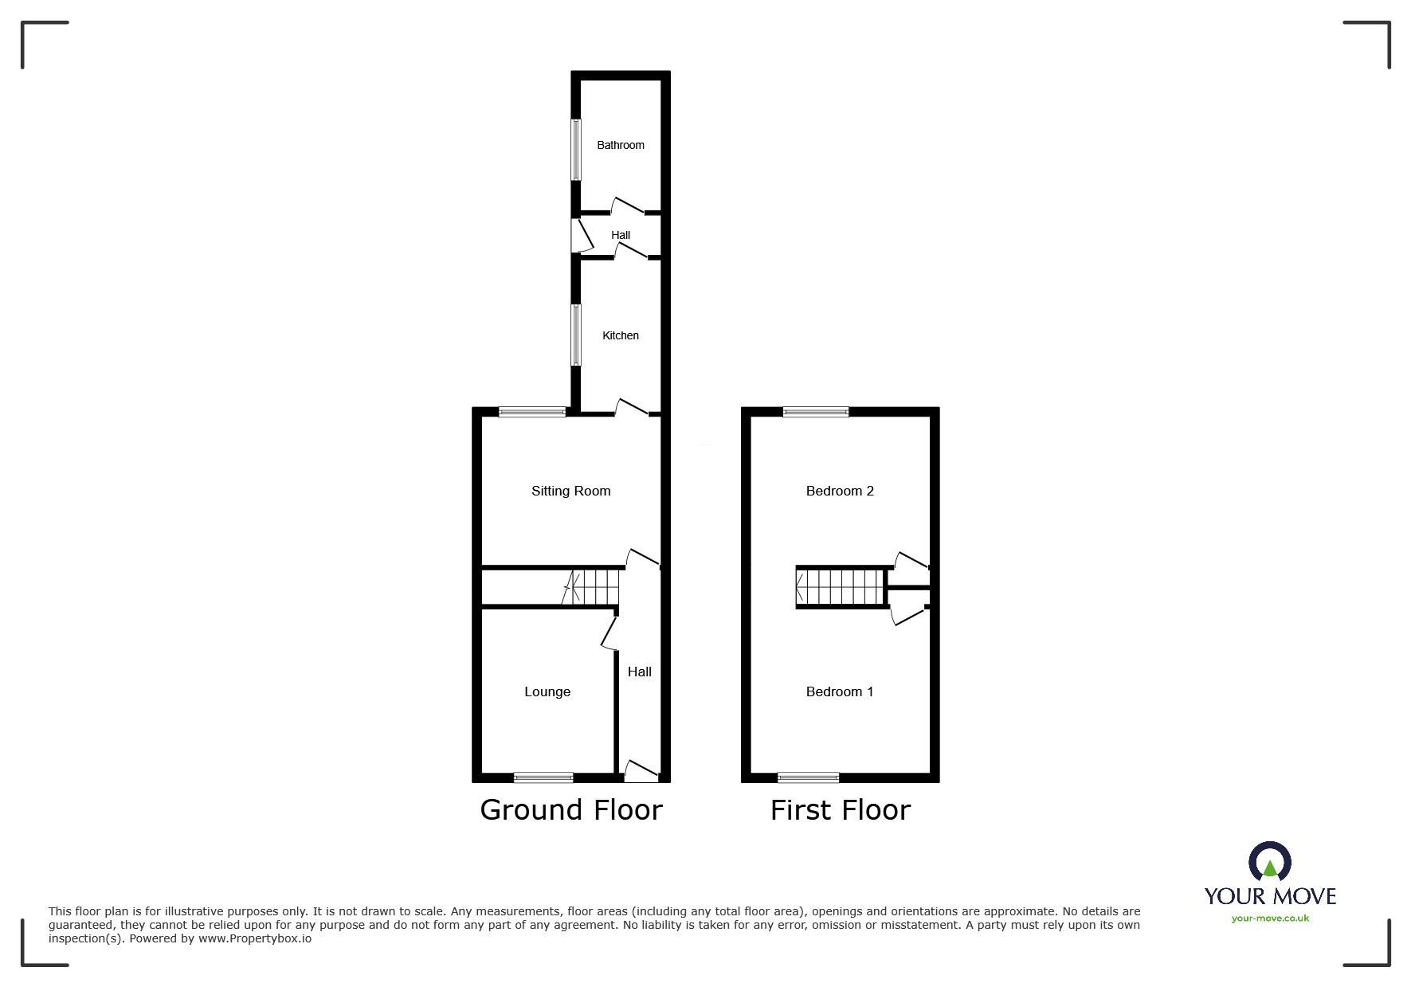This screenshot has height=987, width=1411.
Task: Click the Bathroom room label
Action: (x=620, y=145)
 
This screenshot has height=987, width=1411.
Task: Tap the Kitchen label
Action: (x=620, y=335)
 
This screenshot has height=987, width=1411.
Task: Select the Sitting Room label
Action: (x=570, y=491)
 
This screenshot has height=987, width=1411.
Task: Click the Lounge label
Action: (x=547, y=691)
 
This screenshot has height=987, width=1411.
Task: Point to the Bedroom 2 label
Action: (x=840, y=491)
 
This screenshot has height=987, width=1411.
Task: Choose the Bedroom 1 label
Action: (x=840, y=691)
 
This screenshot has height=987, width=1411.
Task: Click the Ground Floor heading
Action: (x=570, y=810)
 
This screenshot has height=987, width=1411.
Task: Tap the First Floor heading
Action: (x=840, y=810)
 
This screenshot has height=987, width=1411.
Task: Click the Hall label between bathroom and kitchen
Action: (x=620, y=235)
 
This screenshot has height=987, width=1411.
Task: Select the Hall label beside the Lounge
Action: (x=639, y=672)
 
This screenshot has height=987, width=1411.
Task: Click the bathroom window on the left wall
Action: (x=576, y=150)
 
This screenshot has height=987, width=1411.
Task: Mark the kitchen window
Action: (x=576, y=335)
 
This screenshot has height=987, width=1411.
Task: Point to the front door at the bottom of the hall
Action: (x=641, y=771)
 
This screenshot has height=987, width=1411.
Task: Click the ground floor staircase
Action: (x=593, y=588)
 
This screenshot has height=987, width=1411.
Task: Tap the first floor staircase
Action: (x=841, y=588)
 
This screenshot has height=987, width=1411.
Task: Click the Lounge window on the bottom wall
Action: (x=543, y=777)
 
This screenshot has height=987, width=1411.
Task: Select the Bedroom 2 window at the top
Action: (x=815, y=412)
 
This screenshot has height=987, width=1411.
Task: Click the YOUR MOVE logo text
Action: (x=1269, y=896)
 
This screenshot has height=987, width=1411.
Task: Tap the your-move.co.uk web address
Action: (x=1269, y=918)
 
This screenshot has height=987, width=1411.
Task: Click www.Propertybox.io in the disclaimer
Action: (x=254, y=938)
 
